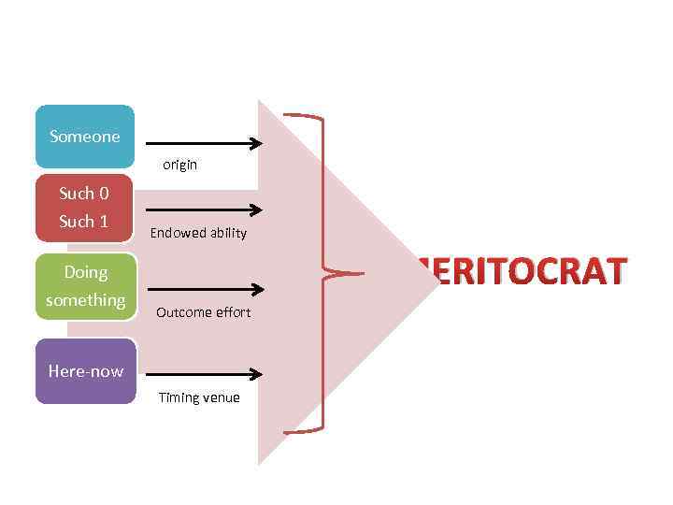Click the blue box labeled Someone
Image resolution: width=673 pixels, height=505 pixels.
tap(85, 137)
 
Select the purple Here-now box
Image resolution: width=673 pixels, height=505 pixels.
tap(85, 371)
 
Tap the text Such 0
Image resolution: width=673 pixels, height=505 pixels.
tap(84, 194)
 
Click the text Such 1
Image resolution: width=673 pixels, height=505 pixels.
tap(84, 222)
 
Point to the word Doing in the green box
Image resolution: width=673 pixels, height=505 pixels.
tap(85, 272)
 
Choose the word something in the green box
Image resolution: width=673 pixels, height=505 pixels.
tap(85, 300)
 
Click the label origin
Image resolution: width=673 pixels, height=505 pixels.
tap(179, 165)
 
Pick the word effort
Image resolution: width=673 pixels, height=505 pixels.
tap(233, 312)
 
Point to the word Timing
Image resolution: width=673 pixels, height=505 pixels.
tap(178, 397)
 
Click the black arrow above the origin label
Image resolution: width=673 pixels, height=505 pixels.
tap(205, 144)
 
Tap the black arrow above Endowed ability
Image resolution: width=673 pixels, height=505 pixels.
tap(205, 210)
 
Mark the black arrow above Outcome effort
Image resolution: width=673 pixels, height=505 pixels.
tap(205, 290)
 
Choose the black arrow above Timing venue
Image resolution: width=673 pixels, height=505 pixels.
tap(205, 375)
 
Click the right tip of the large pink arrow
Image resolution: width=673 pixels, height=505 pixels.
tap(437, 281)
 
